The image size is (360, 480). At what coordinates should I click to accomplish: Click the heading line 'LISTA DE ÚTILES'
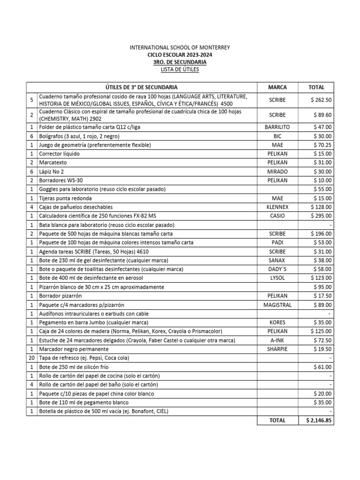[x=180, y=69]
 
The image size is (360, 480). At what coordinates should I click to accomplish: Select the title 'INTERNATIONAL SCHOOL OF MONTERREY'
[x=180, y=48]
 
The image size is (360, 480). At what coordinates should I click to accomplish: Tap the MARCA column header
[x=277, y=87]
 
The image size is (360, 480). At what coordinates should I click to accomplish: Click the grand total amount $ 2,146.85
[x=317, y=420]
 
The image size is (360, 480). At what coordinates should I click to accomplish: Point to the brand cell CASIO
[x=277, y=216]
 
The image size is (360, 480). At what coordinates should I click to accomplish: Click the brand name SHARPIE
[x=277, y=349]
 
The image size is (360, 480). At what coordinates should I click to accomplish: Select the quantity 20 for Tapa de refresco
[x=31, y=358]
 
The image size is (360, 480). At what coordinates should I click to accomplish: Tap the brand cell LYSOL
[x=277, y=278]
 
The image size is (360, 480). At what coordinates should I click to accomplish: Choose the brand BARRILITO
[x=277, y=127]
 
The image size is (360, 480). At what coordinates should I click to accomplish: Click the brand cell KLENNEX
[x=277, y=207]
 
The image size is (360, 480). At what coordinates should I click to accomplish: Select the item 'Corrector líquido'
[x=60, y=154]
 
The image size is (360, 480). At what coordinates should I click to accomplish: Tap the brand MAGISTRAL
[x=277, y=305]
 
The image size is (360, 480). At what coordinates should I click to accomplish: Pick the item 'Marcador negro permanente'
[x=74, y=349]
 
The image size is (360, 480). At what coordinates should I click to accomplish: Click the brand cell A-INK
[x=277, y=340]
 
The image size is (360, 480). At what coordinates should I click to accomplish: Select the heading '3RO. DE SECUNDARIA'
[x=180, y=62]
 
